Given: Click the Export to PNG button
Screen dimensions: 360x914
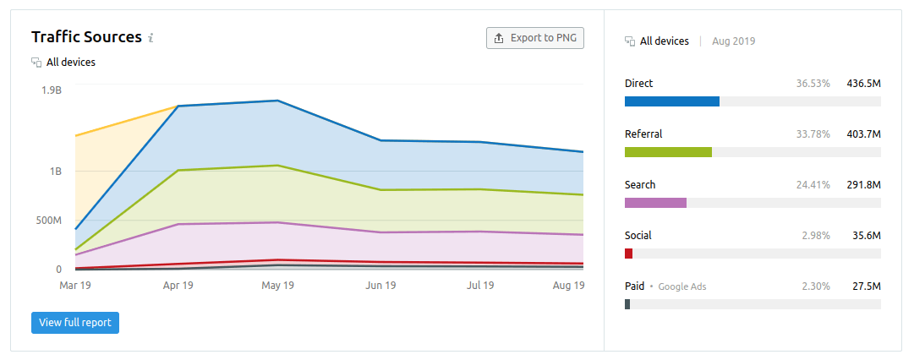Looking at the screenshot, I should (535, 38).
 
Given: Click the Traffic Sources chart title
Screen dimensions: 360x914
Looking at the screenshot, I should (86, 37).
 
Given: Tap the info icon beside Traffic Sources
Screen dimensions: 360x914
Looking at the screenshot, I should (151, 38).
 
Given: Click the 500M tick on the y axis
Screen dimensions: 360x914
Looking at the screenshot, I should (47, 221).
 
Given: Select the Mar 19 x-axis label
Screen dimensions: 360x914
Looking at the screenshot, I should (75, 286).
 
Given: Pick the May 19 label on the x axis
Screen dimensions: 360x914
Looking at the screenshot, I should (278, 286).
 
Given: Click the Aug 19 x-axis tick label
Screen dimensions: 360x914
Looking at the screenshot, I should (568, 286).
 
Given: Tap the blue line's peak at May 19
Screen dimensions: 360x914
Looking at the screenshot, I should (278, 101).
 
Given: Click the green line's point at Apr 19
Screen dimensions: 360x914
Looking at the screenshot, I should (178, 171).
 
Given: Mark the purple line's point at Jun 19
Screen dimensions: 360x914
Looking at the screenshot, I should (380, 232).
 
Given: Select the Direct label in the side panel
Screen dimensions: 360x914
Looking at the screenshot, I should (638, 84).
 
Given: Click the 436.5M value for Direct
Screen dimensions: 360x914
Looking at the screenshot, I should (863, 84).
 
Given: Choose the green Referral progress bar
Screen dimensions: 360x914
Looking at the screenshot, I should (668, 152).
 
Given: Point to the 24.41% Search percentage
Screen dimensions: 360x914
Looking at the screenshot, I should (813, 185).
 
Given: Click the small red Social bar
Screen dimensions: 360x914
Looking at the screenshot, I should (628, 254).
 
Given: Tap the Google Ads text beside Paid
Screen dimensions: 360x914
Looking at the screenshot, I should (681, 286).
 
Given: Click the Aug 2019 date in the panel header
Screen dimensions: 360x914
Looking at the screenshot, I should (734, 41).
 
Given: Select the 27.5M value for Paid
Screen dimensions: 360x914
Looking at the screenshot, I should (866, 286).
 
